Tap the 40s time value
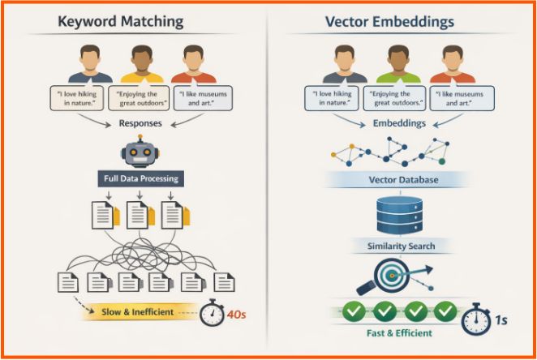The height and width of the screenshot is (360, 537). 238,312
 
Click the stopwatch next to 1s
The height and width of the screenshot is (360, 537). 475,319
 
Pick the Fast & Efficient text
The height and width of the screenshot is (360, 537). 398,333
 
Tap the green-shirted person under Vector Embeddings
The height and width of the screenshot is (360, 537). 398,64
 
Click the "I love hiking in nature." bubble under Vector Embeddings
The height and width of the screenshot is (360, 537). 332,99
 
